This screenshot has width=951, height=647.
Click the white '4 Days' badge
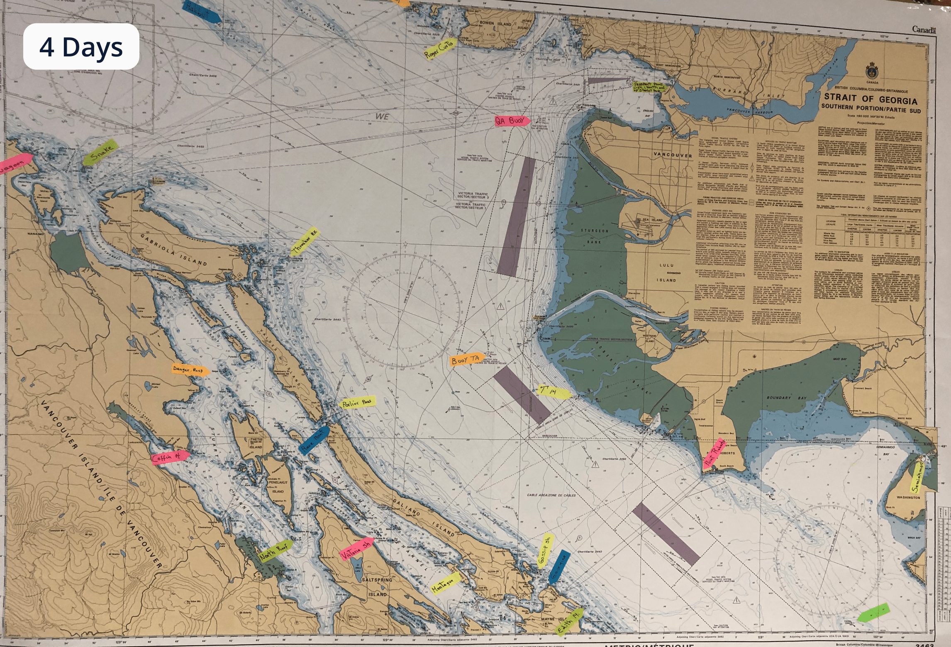pos(81,46)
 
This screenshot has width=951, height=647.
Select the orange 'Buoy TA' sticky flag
pos(466,360)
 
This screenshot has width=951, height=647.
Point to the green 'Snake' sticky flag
pos(100,153)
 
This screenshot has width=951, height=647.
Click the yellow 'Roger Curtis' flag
pos(439,49)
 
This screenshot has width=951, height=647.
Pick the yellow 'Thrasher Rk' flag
pos(305,241)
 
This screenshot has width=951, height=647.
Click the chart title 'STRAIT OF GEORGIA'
pos(870,99)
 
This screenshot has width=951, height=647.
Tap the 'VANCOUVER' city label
pos(673,155)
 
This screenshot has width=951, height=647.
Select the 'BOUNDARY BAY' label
pos(786,398)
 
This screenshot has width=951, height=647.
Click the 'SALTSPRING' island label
pos(377,579)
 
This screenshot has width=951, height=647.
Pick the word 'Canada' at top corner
pos(924,29)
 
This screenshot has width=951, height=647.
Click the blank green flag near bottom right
pos(873,612)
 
